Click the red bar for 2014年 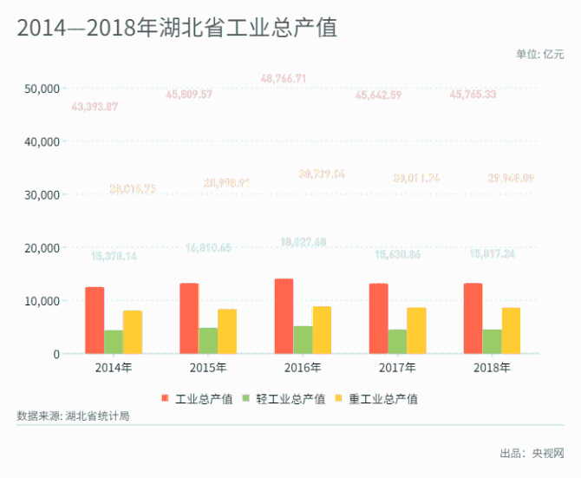95,320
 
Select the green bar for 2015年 208,340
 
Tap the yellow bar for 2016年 321,330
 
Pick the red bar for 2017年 378,318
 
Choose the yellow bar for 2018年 511,331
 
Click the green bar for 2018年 492,341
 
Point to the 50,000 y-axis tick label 42,88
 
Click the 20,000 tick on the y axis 42,248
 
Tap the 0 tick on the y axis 55,354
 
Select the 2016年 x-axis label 303,367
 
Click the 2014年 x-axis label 114,367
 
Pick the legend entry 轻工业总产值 290,399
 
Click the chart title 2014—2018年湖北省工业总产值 176,28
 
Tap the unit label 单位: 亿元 539,54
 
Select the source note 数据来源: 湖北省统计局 73,416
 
